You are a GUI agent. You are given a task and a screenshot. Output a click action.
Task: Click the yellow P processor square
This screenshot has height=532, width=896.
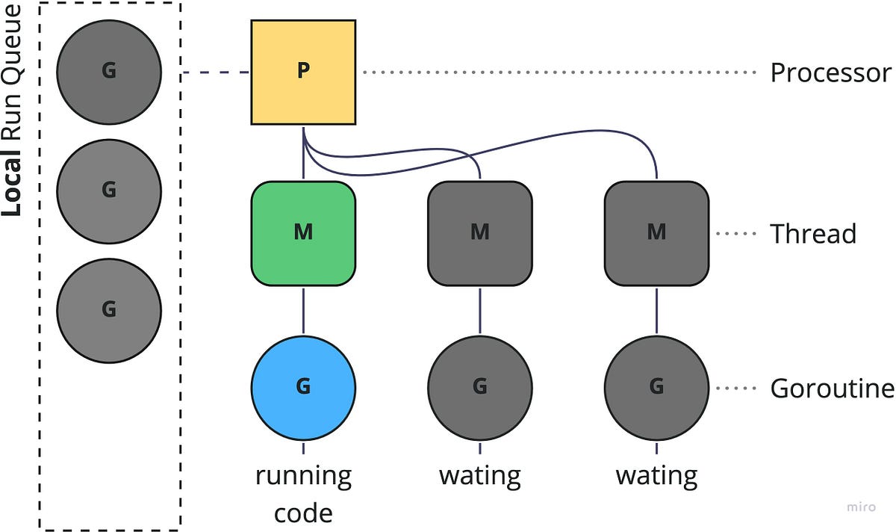click(x=302, y=72)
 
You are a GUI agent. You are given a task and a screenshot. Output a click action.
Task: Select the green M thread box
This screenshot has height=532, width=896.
click(x=302, y=233)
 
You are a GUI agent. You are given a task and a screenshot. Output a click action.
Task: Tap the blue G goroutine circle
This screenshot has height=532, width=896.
click(x=302, y=387)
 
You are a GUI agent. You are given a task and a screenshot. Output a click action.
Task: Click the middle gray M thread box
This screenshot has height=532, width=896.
click(x=479, y=233)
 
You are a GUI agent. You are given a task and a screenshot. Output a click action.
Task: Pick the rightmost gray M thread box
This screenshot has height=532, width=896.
click(x=656, y=233)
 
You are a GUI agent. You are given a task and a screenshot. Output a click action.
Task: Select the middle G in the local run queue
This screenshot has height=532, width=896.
click(x=109, y=191)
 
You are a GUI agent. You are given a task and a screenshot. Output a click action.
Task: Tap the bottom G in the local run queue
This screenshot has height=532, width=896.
click(x=109, y=309)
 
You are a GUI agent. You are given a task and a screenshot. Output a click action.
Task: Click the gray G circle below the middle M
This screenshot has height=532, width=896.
click(x=479, y=387)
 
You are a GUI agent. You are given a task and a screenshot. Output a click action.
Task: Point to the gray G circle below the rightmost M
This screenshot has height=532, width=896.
click(x=656, y=387)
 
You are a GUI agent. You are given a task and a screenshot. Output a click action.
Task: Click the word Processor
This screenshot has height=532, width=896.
click(x=830, y=73)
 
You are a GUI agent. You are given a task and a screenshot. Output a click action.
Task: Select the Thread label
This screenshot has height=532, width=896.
click(x=812, y=234)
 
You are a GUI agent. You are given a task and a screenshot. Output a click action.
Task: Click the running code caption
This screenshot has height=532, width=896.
click(x=302, y=494)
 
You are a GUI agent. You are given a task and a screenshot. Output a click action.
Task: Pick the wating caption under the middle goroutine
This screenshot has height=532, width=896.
click(x=479, y=476)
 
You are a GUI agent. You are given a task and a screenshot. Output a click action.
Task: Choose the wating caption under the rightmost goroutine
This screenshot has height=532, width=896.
click(x=656, y=476)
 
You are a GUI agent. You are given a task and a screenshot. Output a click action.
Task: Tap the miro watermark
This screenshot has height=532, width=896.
click(x=861, y=507)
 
